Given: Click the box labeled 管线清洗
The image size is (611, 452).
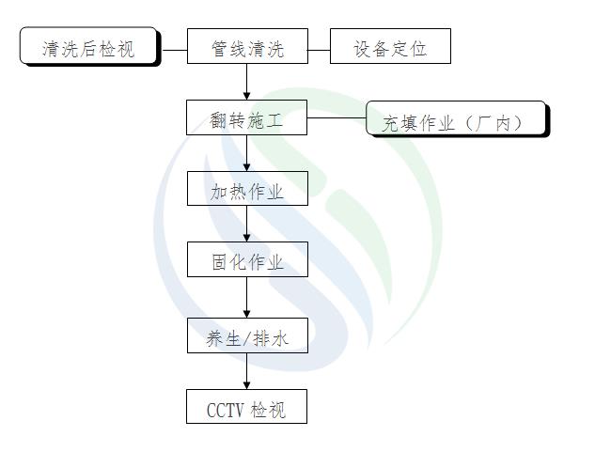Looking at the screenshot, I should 247,47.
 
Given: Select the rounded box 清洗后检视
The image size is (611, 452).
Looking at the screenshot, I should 89,47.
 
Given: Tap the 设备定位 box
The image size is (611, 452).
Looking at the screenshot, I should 390,47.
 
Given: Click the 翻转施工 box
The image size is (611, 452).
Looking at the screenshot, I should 247,119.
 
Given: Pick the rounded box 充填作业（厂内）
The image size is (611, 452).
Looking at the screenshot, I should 455,119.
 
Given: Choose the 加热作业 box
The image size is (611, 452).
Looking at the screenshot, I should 247,191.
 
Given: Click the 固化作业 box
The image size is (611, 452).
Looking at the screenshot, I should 247,261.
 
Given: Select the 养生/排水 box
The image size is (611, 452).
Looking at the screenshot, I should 247,337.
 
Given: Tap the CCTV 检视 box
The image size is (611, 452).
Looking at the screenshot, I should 247,409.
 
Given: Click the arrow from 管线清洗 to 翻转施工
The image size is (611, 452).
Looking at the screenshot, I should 247,83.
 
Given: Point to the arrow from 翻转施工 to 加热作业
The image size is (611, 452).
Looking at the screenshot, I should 247,155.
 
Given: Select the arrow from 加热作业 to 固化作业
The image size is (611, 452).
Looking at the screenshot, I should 247,226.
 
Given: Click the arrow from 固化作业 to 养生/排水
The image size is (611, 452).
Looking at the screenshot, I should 247,299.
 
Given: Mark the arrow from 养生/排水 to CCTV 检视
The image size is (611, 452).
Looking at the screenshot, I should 247,372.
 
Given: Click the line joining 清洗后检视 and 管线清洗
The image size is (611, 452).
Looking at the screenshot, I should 174,47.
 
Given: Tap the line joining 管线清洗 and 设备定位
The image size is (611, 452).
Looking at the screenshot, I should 319,47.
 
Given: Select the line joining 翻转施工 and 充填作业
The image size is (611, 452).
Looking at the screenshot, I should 337,119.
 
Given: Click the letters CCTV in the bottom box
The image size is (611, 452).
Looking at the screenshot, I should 226,410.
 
